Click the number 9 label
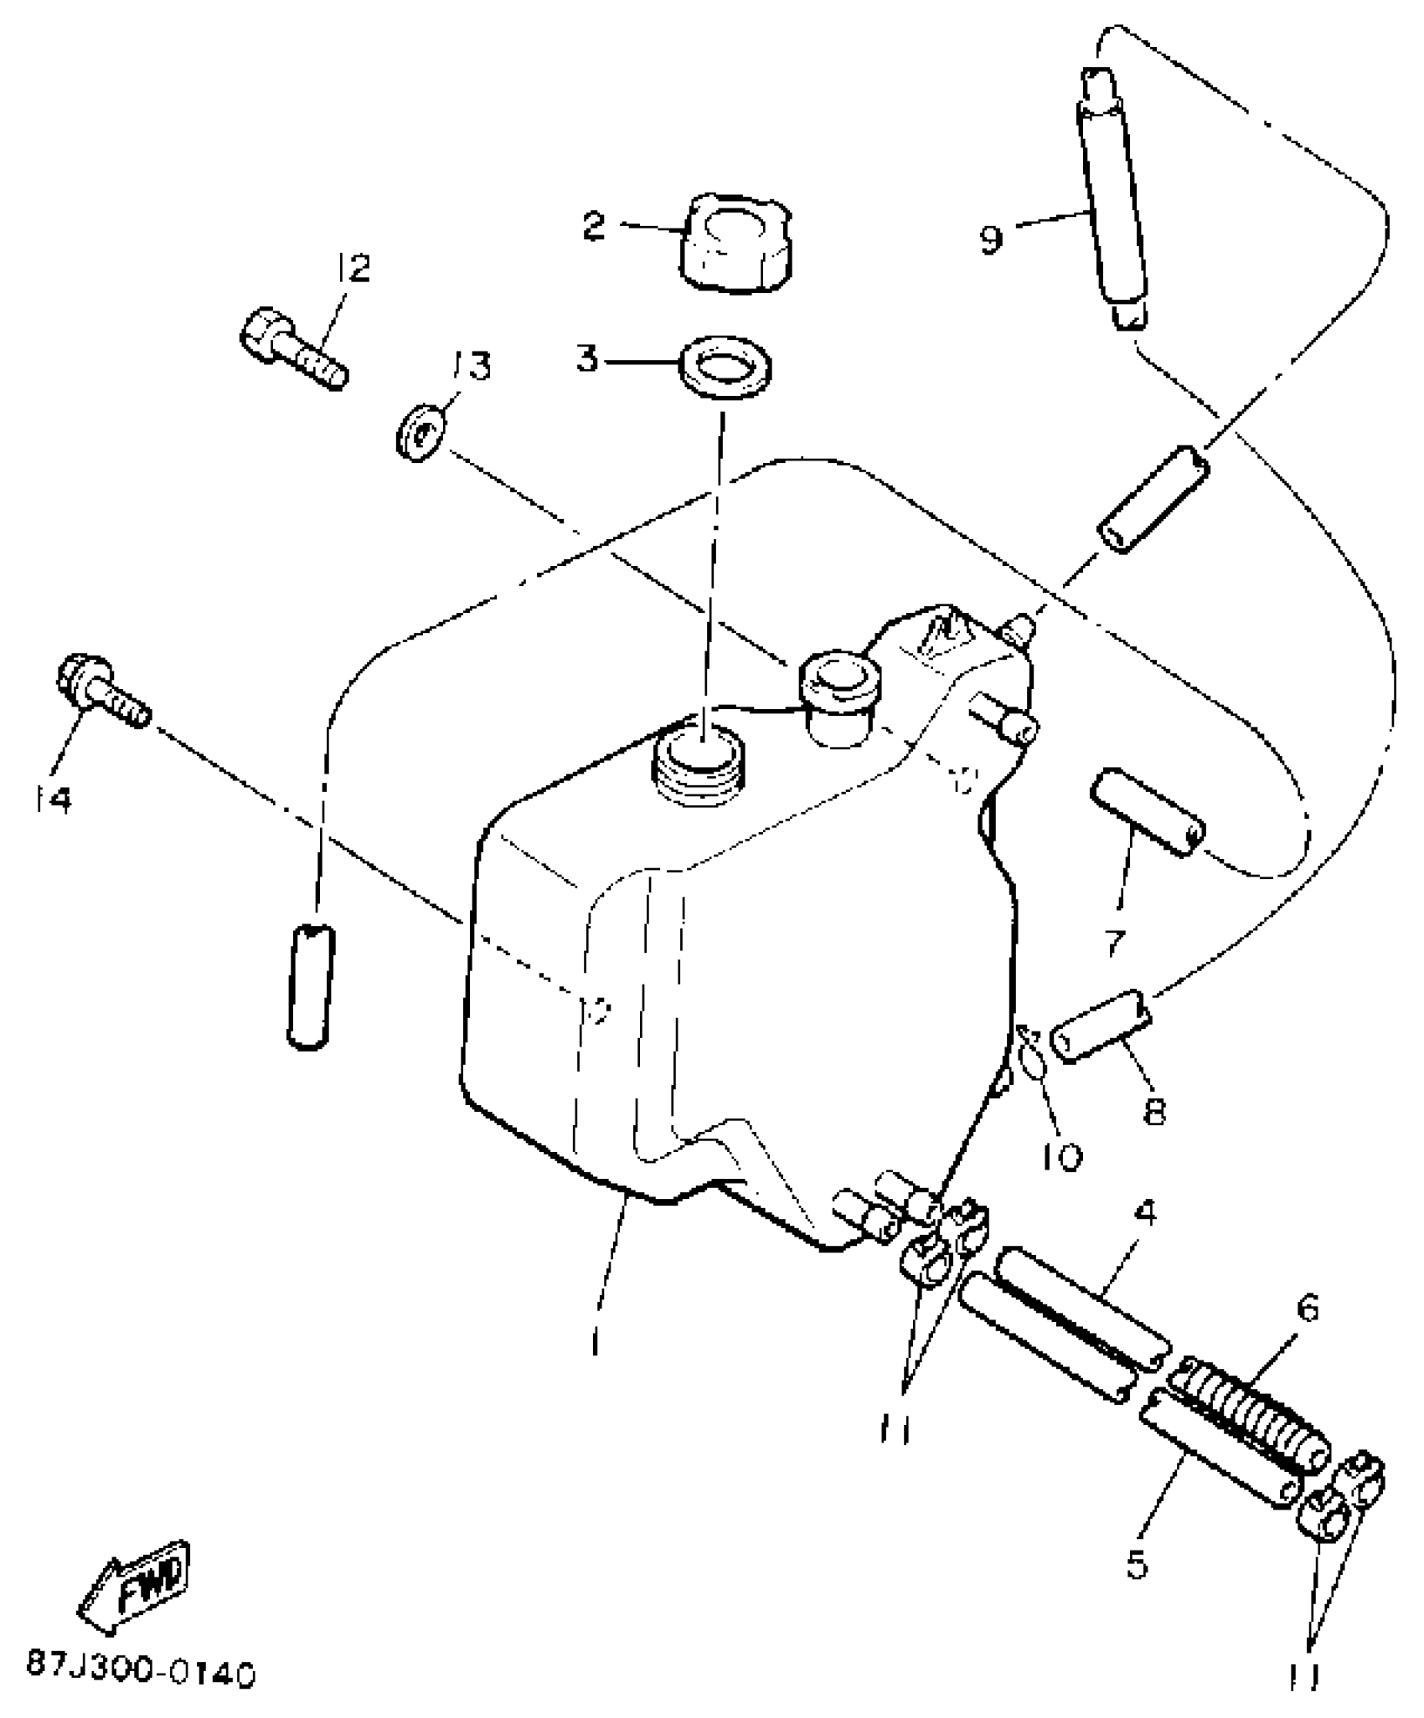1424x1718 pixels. click(991, 239)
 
